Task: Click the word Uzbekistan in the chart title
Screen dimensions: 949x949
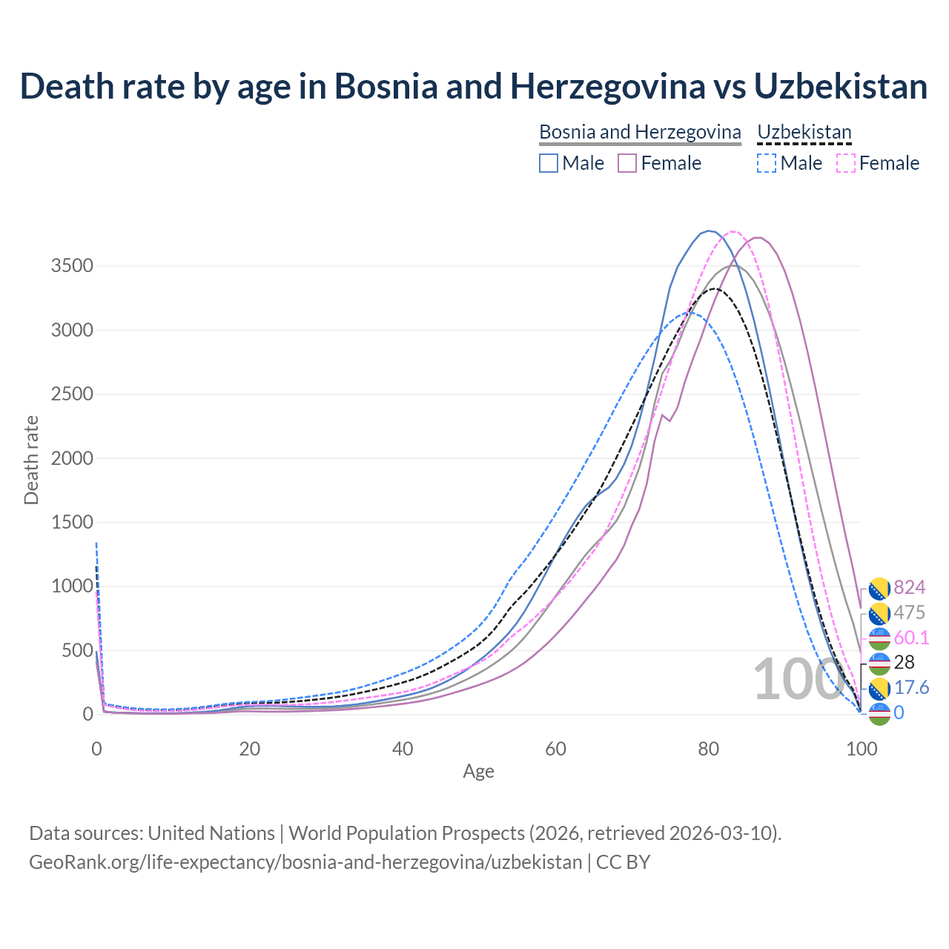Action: click(x=841, y=86)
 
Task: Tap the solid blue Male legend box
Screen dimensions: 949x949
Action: click(x=548, y=163)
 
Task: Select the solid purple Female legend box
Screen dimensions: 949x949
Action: click(x=627, y=163)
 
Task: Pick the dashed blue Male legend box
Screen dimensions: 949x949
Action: click(x=767, y=163)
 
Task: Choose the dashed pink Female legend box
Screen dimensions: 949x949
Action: click(x=846, y=163)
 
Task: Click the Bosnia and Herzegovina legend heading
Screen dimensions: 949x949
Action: click(x=640, y=132)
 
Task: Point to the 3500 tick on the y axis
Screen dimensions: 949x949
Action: click(x=72, y=265)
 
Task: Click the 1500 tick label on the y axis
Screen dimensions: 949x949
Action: click(x=72, y=522)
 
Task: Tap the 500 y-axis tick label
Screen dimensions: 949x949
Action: click(x=77, y=650)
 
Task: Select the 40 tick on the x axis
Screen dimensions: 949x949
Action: click(x=403, y=749)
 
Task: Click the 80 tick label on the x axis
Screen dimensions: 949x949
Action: click(x=709, y=749)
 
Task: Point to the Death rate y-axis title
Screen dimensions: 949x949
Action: click(x=31, y=460)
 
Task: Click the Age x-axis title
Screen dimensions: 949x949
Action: click(x=478, y=771)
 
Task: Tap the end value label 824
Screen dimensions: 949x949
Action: click(x=909, y=587)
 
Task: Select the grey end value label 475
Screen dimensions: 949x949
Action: click(x=909, y=612)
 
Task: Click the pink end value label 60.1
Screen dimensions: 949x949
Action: click(x=911, y=638)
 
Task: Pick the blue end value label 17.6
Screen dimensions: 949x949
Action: click(x=911, y=687)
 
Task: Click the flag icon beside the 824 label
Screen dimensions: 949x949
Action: click(x=879, y=588)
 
